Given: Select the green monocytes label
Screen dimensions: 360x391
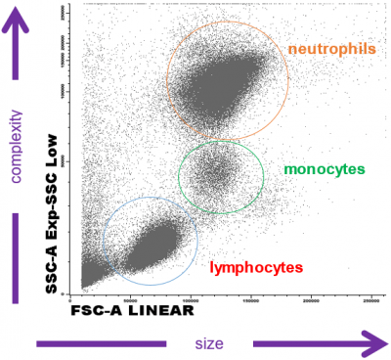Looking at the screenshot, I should coord(318,168).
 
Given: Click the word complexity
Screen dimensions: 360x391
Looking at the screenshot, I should coord(16,147).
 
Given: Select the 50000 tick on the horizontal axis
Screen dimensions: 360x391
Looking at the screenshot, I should coord(134,295).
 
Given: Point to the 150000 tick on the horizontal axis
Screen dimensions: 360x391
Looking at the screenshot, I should coord(251,295).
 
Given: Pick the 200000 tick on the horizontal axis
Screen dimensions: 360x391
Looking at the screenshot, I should coord(311,295).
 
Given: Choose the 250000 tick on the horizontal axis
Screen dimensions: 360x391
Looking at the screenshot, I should coord(366,295).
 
